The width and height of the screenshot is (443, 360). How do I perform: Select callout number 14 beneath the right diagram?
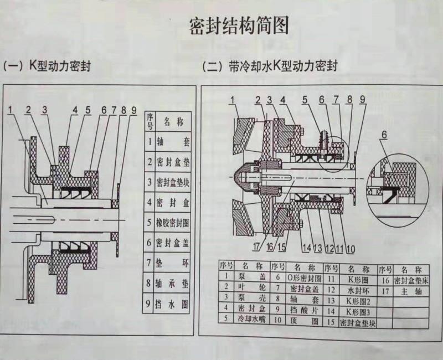click(307, 247)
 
